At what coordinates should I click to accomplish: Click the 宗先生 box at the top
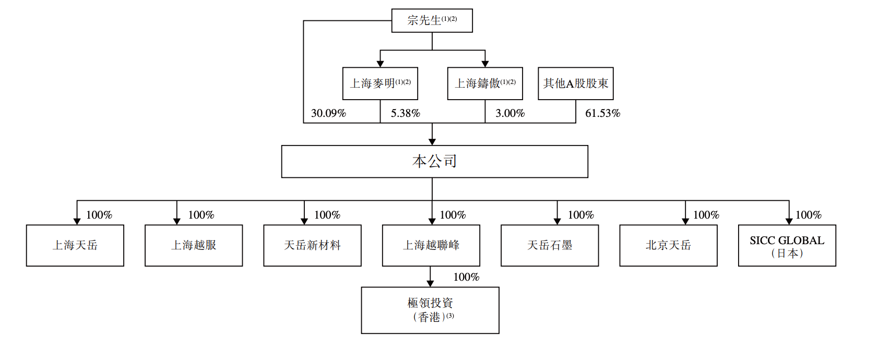pyautogui.click(x=432, y=21)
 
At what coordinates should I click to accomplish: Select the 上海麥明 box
pyautogui.click(x=380, y=83)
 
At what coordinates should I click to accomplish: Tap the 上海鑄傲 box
pyautogui.click(x=485, y=83)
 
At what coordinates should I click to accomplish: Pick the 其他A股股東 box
pyautogui.click(x=576, y=83)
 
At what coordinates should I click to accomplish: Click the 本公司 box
pyautogui.click(x=435, y=161)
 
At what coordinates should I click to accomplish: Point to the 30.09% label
pyautogui.click(x=328, y=113)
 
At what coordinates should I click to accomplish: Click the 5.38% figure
pyautogui.click(x=405, y=113)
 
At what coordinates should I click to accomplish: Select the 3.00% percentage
pyautogui.click(x=510, y=113)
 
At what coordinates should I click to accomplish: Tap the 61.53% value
pyautogui.click(x=602, y=113)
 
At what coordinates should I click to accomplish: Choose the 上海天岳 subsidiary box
pyautogui.click(x=75, y=246)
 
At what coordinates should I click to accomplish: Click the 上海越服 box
pyautogui.click(x=194, y=246)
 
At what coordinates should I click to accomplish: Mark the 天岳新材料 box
pyautogui.click(x=312, y=246)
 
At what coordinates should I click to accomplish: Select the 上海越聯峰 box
pyautogui.click(x=431, y=246)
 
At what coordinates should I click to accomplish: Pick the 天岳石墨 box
pyautogui.click(x=550, y=246)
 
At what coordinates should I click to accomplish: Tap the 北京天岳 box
pyautogui.click(x=669, y=246)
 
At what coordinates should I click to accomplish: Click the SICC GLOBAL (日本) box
pyautogui.click(x=787, y=246)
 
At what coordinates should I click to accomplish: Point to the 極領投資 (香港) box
pyautogui.click(x=430, y=310)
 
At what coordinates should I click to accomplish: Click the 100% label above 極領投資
pyautogui.click(x=467, y=277)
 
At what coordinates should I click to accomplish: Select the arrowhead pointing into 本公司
pyautogui.click(x=432, y=142)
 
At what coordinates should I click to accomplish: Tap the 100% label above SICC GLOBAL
pyautogui.click(x=809, y=214)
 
